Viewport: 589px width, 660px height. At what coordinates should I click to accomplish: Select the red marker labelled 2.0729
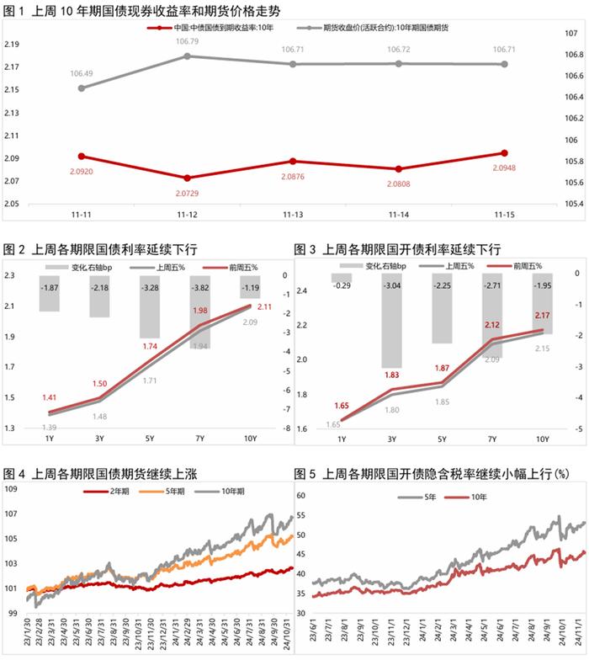187,178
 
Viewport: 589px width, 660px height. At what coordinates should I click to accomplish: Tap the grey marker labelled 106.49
80,88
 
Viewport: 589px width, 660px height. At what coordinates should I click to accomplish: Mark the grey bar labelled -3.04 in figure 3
390,321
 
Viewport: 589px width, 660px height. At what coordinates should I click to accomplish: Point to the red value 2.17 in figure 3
540,316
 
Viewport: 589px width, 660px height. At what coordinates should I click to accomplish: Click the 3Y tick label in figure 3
390,438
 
